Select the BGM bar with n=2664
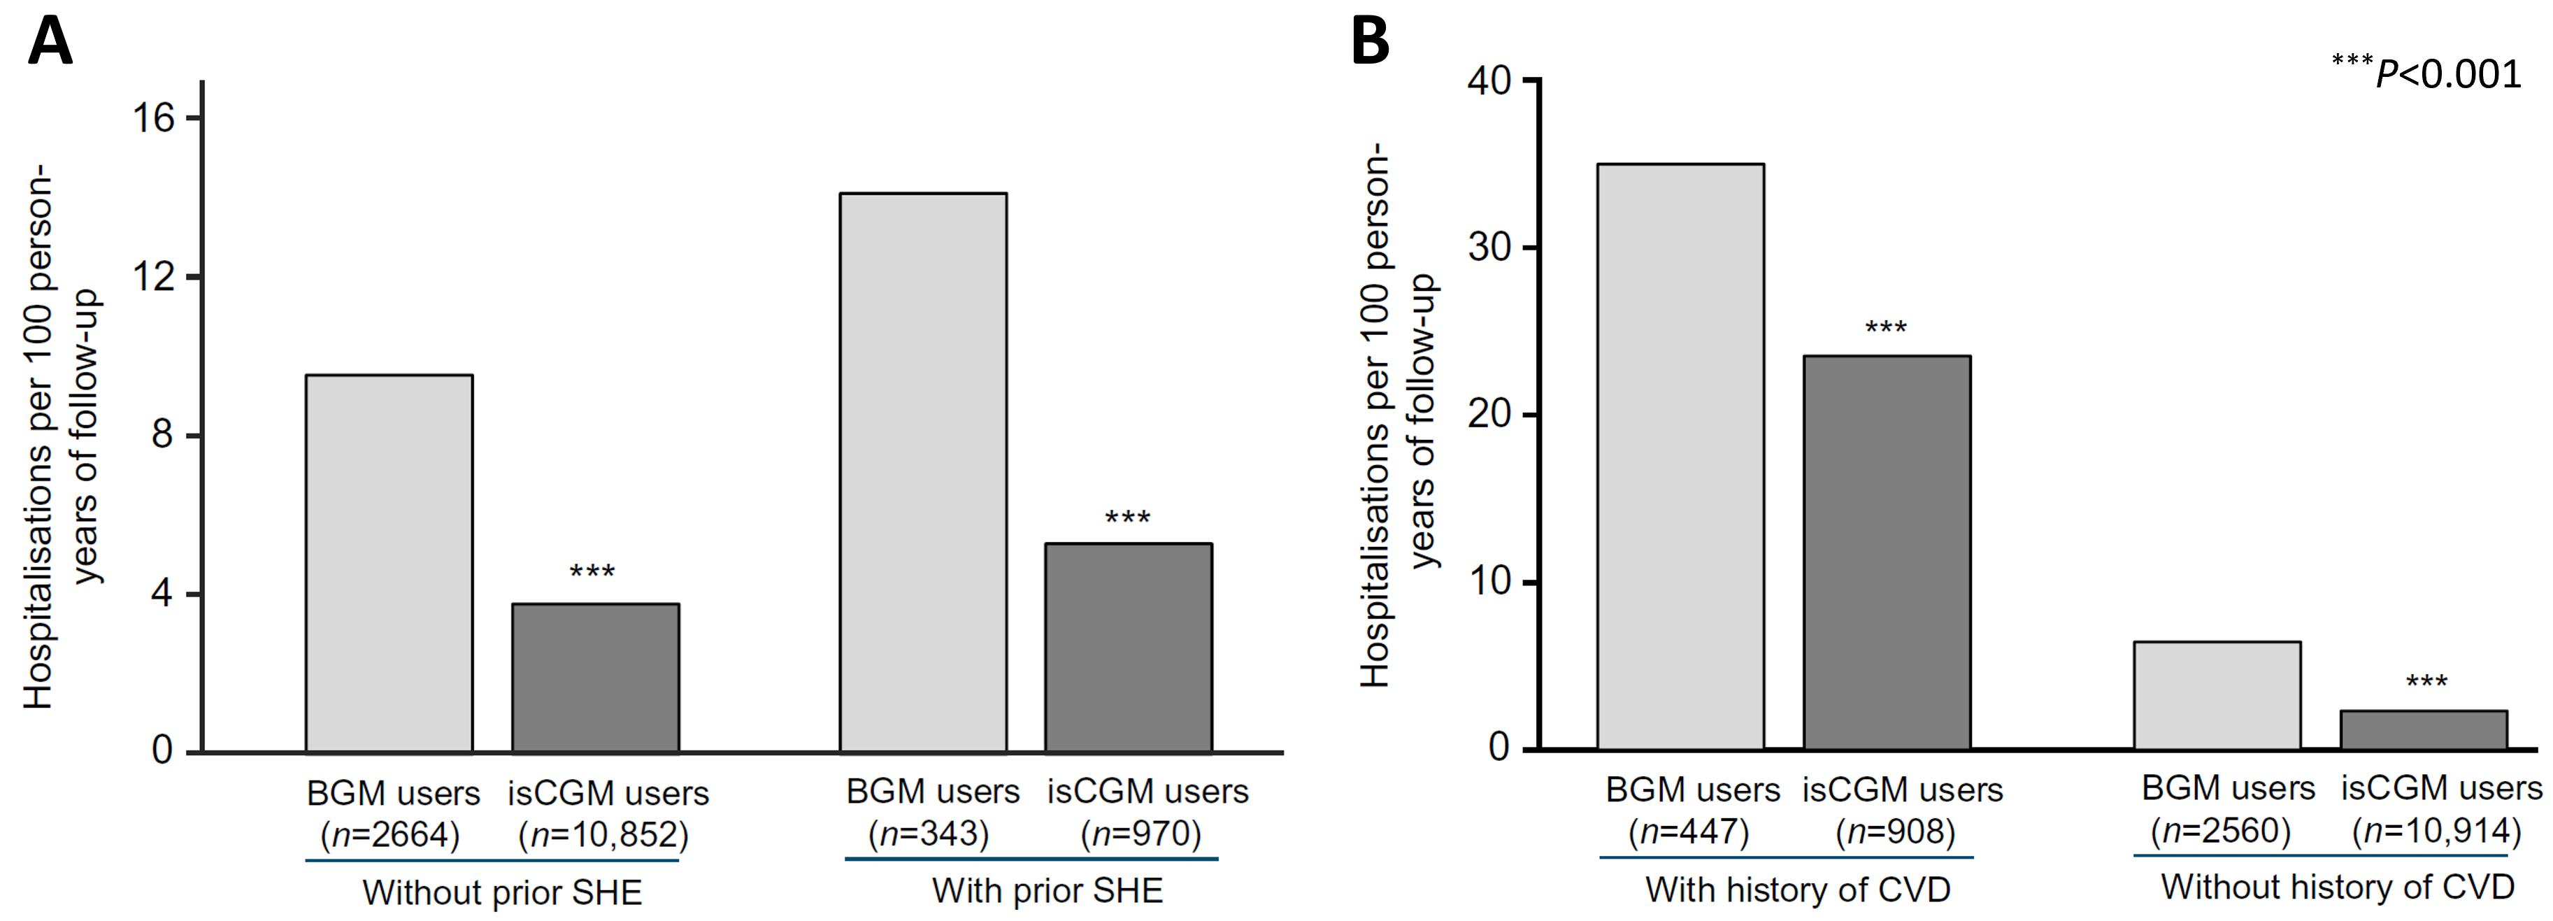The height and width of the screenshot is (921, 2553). pos(389,563)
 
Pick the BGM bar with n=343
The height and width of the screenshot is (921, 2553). pos(923,472)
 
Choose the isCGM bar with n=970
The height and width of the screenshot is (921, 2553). pos(1128,648)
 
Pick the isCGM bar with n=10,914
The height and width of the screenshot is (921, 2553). pos(2423,729)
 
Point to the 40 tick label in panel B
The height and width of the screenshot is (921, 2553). pos(1489,80)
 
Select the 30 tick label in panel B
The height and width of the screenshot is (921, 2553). pos(1489,247)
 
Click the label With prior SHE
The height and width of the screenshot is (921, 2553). pos(1047,890)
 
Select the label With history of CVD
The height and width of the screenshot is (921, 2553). pos(1797,890)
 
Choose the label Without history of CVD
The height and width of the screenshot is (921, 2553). pos(2337,886)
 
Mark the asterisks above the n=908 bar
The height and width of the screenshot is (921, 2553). pos(1885,327)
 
